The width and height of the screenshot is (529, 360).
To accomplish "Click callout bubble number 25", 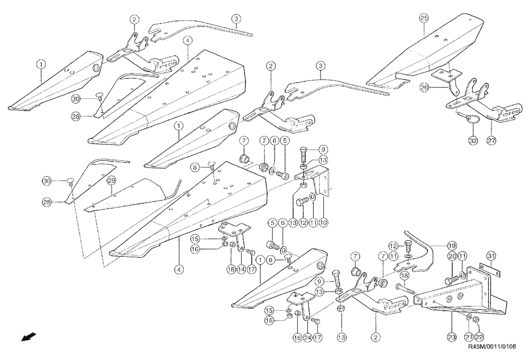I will click(x=424, y=18).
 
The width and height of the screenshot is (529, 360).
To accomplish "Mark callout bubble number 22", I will click(x=479, y=336).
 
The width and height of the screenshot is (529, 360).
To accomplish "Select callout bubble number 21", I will click(x=468, y=336).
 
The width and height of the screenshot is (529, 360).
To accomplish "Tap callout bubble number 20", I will click(x=452, y=256).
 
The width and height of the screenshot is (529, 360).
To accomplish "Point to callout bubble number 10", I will click(x=323, y=223).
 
